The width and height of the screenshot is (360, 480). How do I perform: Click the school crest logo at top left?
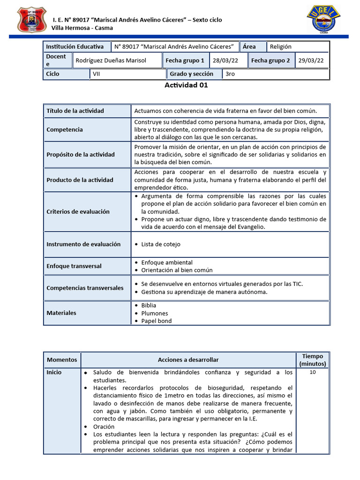[x=32, y=20]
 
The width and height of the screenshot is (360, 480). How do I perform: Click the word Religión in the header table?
[x=280, y=46]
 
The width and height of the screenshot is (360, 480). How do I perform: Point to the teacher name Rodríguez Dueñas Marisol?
[x=111, y=60]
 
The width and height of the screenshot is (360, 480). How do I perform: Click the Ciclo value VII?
[x=96, y=74]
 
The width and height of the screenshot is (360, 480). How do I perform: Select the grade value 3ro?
[x=230, y=74]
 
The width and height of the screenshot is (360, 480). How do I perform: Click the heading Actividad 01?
[x=186, y=85]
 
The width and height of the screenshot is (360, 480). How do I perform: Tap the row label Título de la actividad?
[x=75, y=111]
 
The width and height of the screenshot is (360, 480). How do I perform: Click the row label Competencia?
[x=65, y=129]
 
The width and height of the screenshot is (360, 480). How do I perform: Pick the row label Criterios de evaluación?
[x=78, y=211]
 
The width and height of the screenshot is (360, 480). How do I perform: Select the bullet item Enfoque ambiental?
[x=164, y=262]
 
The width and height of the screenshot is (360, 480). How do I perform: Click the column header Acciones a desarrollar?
[x=188, y=360]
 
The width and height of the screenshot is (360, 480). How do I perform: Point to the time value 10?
[x=313, y=372]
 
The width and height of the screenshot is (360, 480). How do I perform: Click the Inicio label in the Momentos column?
[x=54, y=372]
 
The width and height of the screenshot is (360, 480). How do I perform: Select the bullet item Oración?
[x=104, y=427]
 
